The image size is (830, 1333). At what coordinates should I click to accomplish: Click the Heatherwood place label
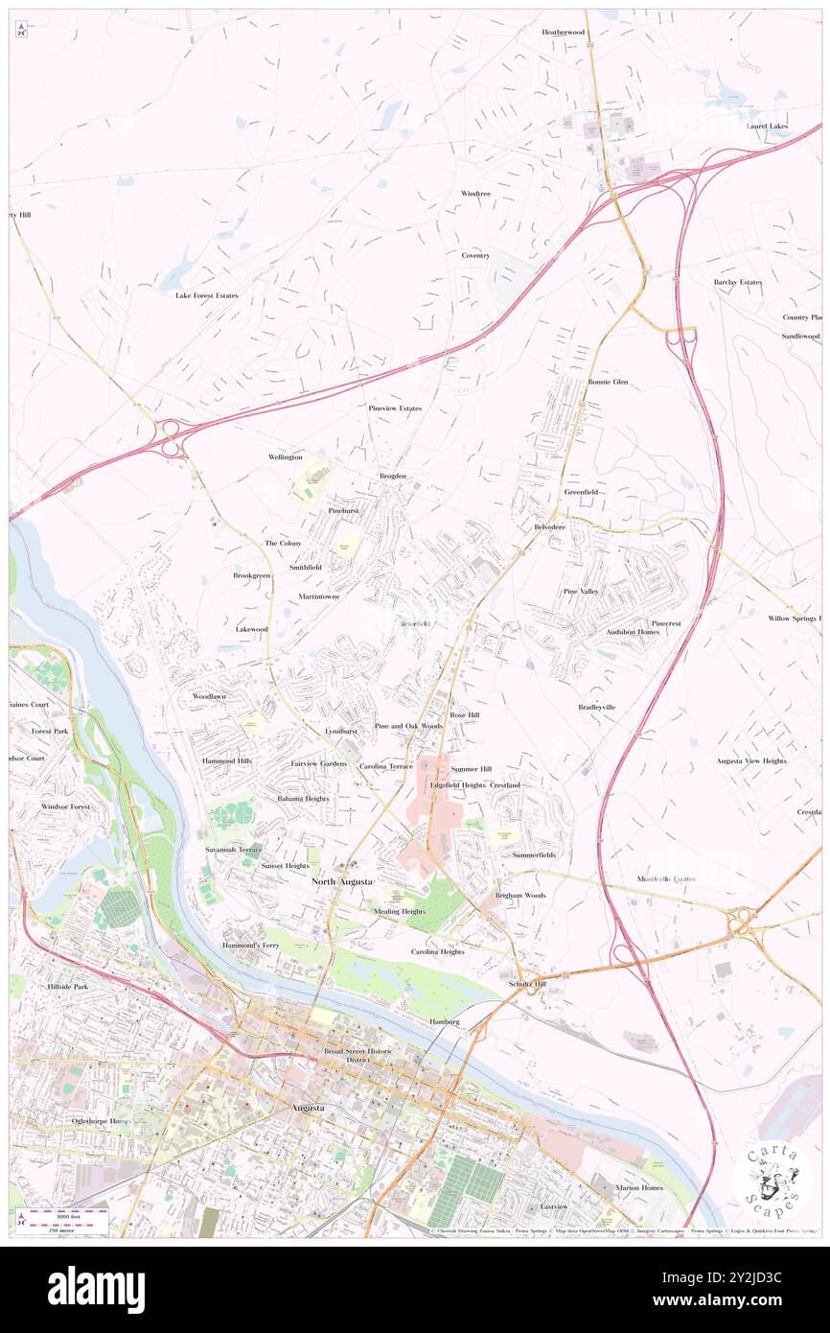[563, 32]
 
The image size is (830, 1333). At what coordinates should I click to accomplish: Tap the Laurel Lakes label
[768, 126]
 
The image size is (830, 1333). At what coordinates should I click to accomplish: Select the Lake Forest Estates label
[206, 295]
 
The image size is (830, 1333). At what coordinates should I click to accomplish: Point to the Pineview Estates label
[395, 409]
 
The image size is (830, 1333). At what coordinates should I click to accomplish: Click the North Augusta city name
[342, 880]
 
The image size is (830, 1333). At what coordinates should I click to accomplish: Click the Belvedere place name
[550, 528]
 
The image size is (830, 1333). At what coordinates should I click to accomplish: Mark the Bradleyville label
[597, 707]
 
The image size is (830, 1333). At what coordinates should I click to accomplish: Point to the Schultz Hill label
[527, 984]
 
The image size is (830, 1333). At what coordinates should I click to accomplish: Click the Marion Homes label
[639, 1187]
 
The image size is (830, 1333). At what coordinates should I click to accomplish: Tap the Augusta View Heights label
[750, 760]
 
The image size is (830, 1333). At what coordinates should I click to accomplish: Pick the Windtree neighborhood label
[475, 194]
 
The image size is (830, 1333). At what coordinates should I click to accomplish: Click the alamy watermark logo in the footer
[96, 1289]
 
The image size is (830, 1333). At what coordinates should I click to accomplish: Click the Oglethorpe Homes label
[100, 1120]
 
